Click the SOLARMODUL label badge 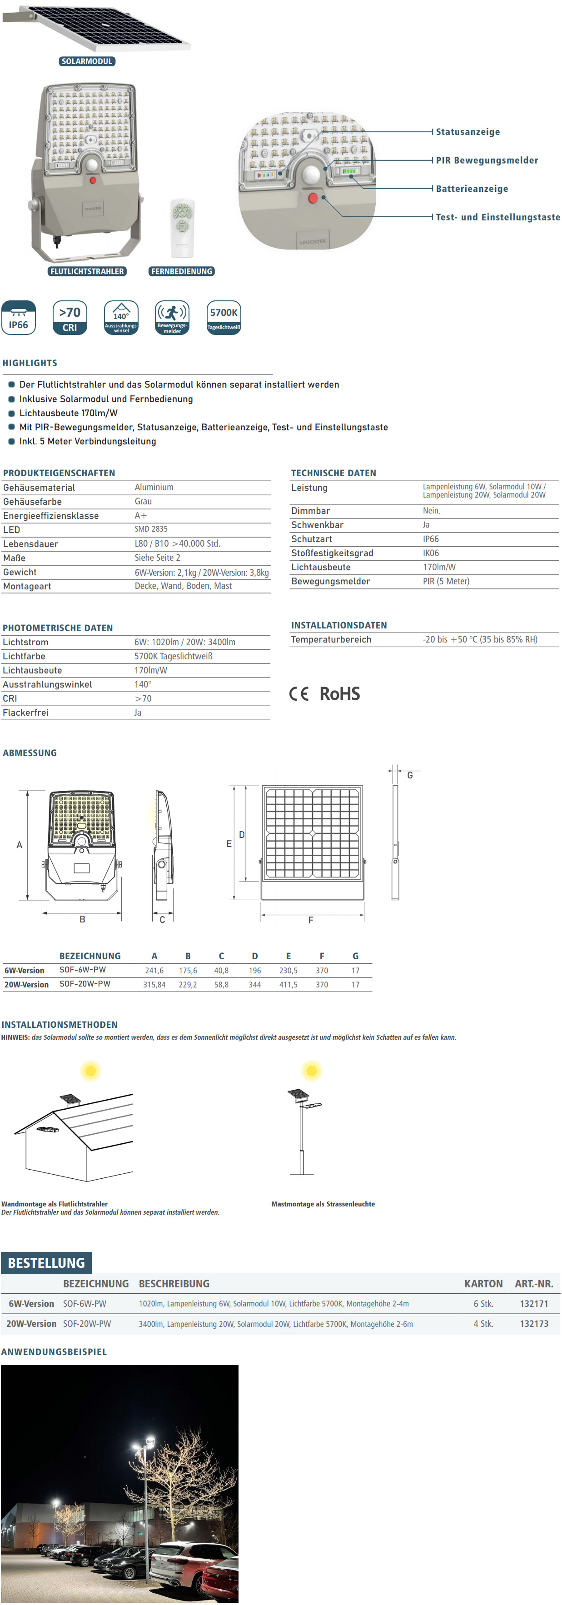(x=87, y=61)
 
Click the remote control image (x=183, y=228)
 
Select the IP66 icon (x=19, y=318)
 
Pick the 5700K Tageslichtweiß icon (x=224, y=318)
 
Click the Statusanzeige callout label (x=468, y=132)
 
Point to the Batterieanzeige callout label (x=472, y=189)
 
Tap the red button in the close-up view (x=313, y=198)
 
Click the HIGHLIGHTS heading (x=30, y=363)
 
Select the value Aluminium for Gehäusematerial (x=154, y=487)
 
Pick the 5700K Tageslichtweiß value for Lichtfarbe (x=173, y=656)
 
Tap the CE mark (x=299, y=693)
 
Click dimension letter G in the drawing (x=410, y=775)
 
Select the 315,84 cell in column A (x=154, y=984)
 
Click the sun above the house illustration (x=90, y=1071)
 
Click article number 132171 (x=534, y=1303)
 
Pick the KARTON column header (x=483, y=1284)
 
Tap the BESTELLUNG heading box (x=46, y=1262)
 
